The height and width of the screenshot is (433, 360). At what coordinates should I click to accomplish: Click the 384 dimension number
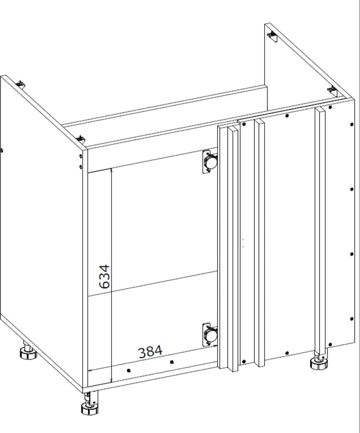[151, 352]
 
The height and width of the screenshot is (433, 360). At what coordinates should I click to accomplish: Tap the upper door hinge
[210, 162]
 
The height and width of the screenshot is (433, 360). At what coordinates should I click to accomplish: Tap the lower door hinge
[210, 335]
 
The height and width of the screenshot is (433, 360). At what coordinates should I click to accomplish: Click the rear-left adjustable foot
[28, 351]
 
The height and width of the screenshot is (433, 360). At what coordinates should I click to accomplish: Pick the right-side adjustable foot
[319, 361]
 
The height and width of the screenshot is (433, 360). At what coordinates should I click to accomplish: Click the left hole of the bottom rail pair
[128, 371]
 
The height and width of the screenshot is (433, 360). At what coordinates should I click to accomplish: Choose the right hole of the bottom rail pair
[172, 362]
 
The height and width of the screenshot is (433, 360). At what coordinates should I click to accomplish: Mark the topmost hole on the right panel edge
[352, 124]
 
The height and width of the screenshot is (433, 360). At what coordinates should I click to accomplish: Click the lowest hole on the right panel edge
[352, 319]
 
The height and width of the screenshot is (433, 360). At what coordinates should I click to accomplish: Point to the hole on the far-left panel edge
[2, 151]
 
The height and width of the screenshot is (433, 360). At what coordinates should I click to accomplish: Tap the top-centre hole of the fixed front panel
[287, 116]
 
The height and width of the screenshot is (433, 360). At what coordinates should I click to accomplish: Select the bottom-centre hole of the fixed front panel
[287, 353]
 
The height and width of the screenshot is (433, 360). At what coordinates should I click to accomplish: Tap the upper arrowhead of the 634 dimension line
[112, 170]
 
